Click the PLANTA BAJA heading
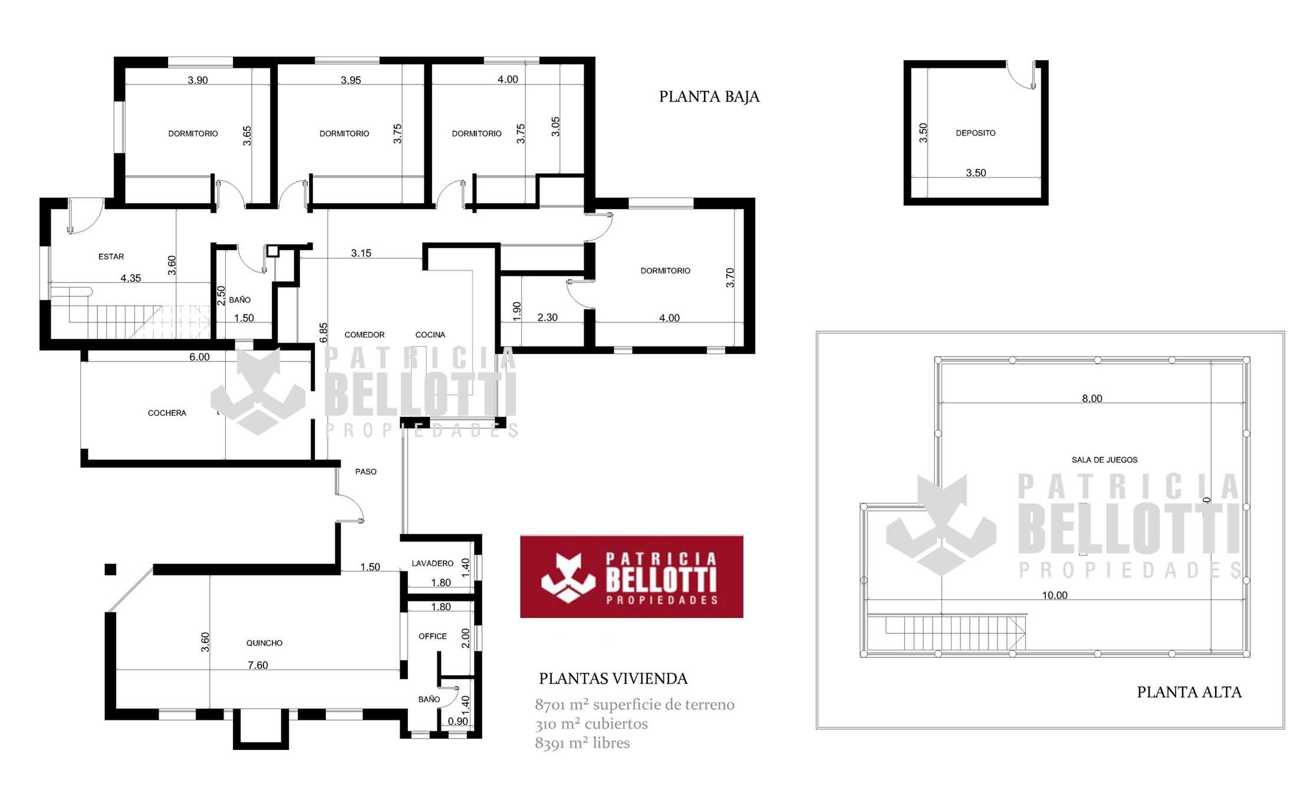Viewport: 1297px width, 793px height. [x=709, y=97]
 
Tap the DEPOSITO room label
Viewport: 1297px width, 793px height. [x=976, y=133]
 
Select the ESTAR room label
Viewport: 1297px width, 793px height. [x=111, y=256]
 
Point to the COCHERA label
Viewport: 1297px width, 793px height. [x=167, y=413]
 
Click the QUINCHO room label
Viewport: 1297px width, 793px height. [x=264, y=643]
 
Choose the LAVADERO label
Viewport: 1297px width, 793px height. [x=433, y=564]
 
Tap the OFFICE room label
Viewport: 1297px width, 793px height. [x=433, y=636]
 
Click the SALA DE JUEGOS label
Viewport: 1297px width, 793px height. [x=1105, y=460]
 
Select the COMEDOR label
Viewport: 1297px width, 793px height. [x=364, y=335]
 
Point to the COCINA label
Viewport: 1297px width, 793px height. [x=430, y=335]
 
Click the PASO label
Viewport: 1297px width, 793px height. [x=366, y=472]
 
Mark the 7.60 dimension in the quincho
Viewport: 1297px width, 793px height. [x=258, y=665]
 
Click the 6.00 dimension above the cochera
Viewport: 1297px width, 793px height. [x=199, y=357]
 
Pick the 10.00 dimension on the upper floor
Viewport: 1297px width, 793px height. [x=1055, y=595]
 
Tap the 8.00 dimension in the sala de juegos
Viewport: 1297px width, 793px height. [x=1092, y=399]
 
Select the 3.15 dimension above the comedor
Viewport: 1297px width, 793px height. [x=361, y=253]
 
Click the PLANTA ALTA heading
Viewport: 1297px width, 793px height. [x=1189, y=692]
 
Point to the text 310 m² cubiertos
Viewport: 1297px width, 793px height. [x=591, y=724]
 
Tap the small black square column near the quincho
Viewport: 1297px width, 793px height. [x=110, y=569]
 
